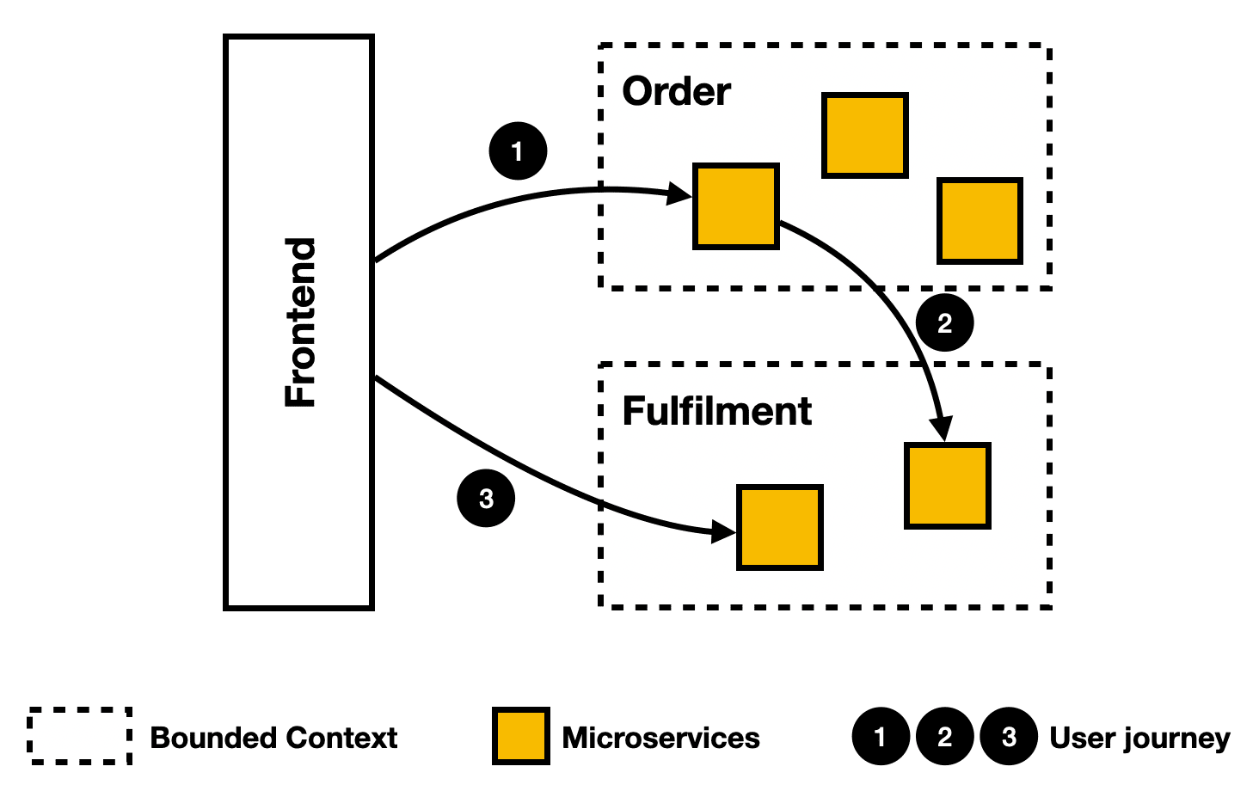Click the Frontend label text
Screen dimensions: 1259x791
coord(300,322)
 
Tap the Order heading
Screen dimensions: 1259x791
coord(676,91)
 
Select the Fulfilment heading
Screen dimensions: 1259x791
coord(716,411)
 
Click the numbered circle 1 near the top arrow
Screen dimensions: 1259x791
coord(518,150)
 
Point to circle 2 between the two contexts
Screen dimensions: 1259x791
coord(944,322)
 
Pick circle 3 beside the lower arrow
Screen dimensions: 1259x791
coord(486,499)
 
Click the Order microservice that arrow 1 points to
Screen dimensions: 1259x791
coord(736,206)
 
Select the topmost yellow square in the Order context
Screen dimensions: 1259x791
coord(864,135)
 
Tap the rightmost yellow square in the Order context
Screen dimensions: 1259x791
coord(980,221)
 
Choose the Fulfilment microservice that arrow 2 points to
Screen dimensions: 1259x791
coord(947,486)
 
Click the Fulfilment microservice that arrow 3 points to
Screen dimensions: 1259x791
coord(780,528)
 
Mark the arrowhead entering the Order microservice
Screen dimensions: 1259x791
coord(679,194)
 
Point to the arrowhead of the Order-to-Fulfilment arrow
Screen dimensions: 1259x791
coord(942,429)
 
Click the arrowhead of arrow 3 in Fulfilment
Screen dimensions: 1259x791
coord(723,531)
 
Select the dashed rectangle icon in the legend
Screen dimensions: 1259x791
coord(80,736)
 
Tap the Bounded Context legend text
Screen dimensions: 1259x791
coord(273,738)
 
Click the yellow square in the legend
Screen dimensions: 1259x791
coord(521,736)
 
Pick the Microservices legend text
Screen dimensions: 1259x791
coord(661,738)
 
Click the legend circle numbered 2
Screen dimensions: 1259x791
coord(944,736)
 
